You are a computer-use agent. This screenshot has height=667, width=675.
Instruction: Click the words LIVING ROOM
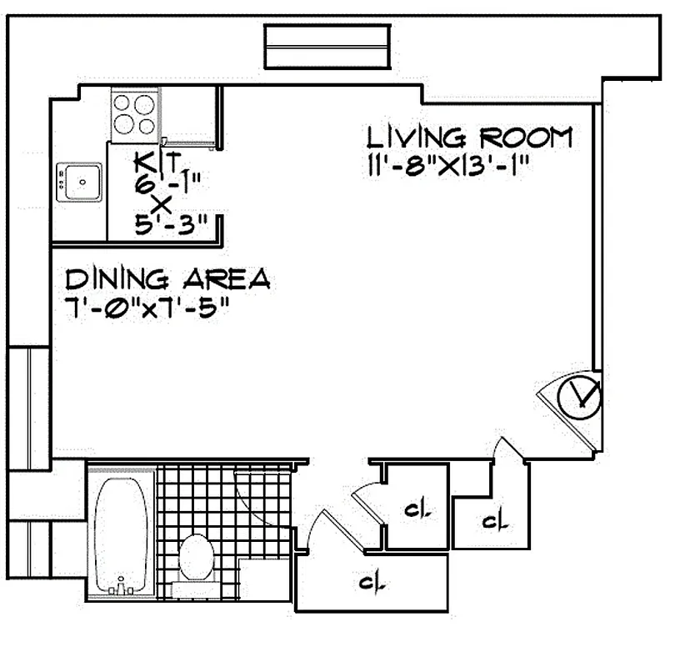(x=471, y=138)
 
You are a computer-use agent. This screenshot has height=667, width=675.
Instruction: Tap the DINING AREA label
(x=167, y=278)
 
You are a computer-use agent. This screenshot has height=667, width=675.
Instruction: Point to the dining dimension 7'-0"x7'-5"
(x=147, y=308)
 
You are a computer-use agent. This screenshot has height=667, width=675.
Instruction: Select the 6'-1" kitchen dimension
(x=167, y=183)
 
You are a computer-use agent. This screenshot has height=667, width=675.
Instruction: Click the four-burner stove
(x=134, y=115)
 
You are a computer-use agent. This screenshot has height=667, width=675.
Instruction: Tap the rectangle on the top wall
(x=327, y=47)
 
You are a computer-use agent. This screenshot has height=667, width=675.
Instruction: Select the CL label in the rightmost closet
(x=496, y=523)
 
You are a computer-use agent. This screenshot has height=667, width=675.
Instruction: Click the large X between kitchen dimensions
(x=161, y=204)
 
